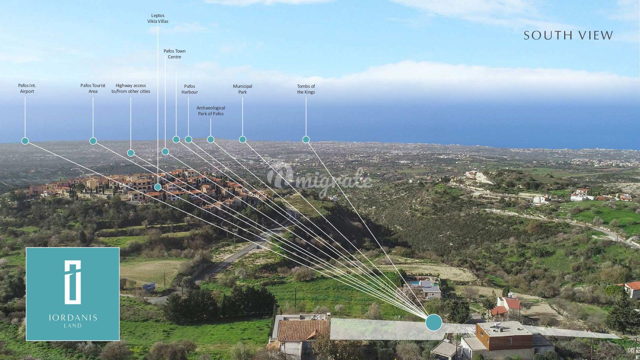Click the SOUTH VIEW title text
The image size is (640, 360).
[x=568, y=36]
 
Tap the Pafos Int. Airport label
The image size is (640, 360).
[x=27, y=89]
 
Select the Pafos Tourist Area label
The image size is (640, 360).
[x=93, y=89]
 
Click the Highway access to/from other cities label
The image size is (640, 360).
[x=131, y=89]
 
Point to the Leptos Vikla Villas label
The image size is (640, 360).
[x=158, y=19]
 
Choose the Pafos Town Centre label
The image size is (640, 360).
[x=175, y=54]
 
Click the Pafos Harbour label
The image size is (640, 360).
[x=190, y=89]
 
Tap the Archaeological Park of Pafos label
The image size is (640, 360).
[x=211, y=111]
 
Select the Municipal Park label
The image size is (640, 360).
[x=243, y=89]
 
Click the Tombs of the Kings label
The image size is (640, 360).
[x=306, y=89]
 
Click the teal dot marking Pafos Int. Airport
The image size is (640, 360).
[x=25, y=141]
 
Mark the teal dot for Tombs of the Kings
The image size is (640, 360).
[x=306, y=140]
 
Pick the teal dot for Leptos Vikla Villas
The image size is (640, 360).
[x=158, y=187]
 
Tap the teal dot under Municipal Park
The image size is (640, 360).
[x=243, y=140]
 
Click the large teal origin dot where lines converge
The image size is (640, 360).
[x=434, y=322]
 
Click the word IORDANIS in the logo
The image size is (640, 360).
[x=73, y=318]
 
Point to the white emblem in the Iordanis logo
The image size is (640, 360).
[x=72, y=281]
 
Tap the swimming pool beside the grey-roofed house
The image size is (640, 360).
[x=414, y=283]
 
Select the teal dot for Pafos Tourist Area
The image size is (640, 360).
[x=93, y=141]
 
